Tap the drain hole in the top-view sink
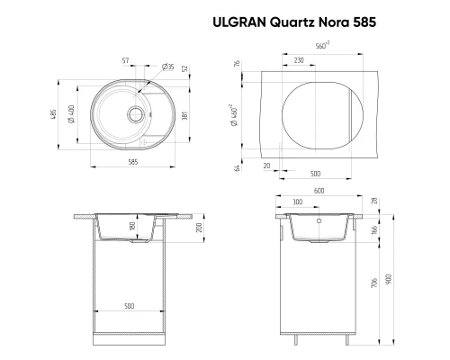pyautogui.click(x=134, y=114)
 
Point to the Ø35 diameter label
pyautogui.click(x=167, y=67)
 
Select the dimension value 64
pyautogui.click(x=233, y=166)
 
